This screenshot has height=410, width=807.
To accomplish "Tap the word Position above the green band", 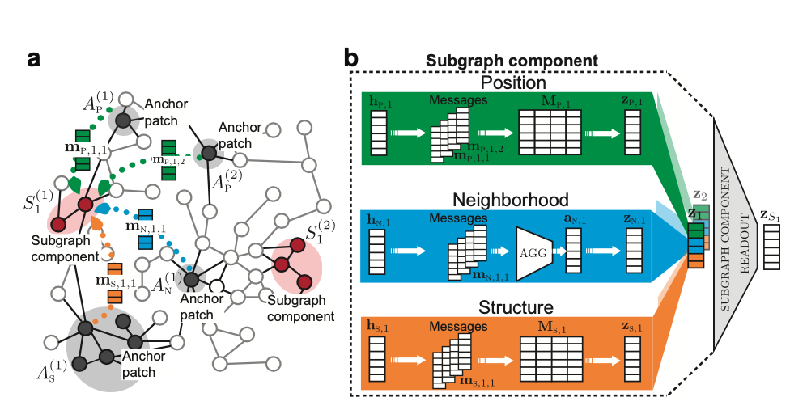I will click(x=512, y=82).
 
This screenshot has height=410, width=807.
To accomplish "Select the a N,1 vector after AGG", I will click(x=572, y=252).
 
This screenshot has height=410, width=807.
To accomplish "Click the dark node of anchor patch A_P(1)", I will click(x=122, y=121).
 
